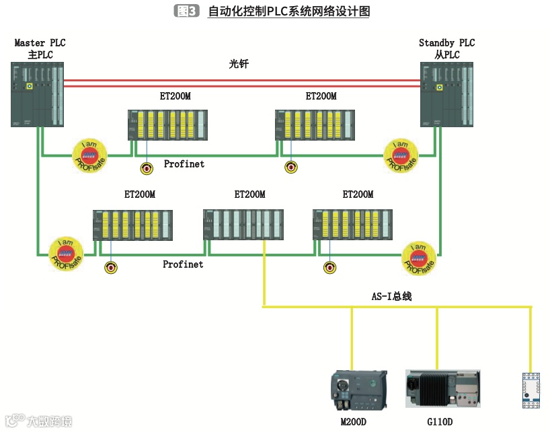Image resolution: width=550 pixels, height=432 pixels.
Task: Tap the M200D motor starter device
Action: coord(359,390)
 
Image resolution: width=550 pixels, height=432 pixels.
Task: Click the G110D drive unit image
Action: coord(443,388)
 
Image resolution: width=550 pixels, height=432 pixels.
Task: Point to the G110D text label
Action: coord(440,422)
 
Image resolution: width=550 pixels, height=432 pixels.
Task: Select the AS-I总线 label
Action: coord(391,296)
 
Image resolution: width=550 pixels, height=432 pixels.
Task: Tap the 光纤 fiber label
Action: coord(239,65)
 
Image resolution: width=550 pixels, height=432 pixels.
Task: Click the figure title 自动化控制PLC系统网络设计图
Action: coord(289,11)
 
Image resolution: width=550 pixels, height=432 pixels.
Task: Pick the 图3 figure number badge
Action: coord(186,11)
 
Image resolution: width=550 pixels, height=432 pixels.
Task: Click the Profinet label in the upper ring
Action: coord(184,164)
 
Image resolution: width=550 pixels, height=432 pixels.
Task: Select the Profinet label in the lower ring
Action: coord(183,264)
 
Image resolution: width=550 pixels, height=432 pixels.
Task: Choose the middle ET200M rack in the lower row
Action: coord(244,224)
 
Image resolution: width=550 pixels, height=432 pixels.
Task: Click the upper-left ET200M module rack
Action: coord(167,124)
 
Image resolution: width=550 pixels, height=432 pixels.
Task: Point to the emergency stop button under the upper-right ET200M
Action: coord(290,167)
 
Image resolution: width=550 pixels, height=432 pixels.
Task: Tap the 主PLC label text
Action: coord(40,55)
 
